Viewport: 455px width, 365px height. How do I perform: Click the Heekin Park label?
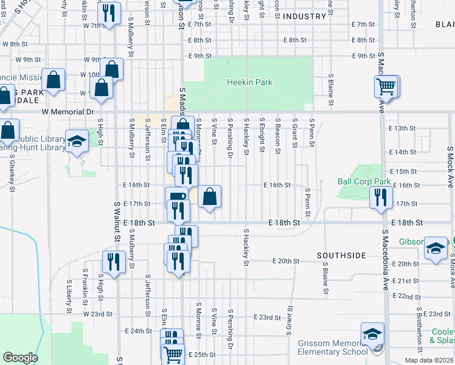249,82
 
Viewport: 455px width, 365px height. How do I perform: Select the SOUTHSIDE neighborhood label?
341,255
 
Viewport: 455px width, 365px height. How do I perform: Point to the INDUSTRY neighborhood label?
305,16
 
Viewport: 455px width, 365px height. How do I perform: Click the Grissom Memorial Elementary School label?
333,347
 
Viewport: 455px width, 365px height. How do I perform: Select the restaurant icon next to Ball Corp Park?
380,197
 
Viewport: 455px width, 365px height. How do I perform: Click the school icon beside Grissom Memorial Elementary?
372,334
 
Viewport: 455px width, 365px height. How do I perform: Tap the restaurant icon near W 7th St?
109,13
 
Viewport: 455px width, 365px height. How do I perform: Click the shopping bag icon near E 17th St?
209,196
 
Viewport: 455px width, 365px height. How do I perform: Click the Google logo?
19,358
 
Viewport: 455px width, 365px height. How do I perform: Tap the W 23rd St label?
98,314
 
